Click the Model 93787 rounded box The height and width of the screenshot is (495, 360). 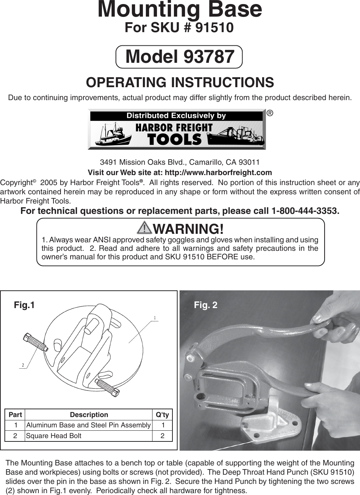[x=179, y=57]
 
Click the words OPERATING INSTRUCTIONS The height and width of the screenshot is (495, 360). [x=180, y=82]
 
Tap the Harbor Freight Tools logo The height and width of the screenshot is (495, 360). [x=176, y=130]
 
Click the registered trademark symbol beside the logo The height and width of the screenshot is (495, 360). [x=270, y=113]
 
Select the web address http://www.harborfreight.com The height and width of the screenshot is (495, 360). [x=218, y=173]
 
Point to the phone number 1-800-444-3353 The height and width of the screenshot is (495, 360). [x=305, y=211]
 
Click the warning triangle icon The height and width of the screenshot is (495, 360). [x=144, y=228]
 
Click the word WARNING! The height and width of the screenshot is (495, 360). [x=188, y=229]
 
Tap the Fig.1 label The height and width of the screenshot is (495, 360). [x=24, y=305]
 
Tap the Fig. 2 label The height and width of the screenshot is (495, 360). [x=206, y=305]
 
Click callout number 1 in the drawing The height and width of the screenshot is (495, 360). [x=155, y=318]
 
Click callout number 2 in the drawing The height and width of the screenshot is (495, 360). [x=23, y=365]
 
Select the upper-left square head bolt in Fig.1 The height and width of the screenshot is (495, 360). [x=35, y=342]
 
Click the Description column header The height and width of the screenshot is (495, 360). [x=89, y=415]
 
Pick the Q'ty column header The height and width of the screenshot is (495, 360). [x=162, y=415]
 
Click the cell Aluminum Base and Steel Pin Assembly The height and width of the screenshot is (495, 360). [x=88, y=425]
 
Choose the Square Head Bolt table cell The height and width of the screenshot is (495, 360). [x=54, y=436]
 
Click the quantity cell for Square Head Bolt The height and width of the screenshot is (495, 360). [x=162, y=436]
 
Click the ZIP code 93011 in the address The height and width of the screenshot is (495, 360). [x=249, y=162]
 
